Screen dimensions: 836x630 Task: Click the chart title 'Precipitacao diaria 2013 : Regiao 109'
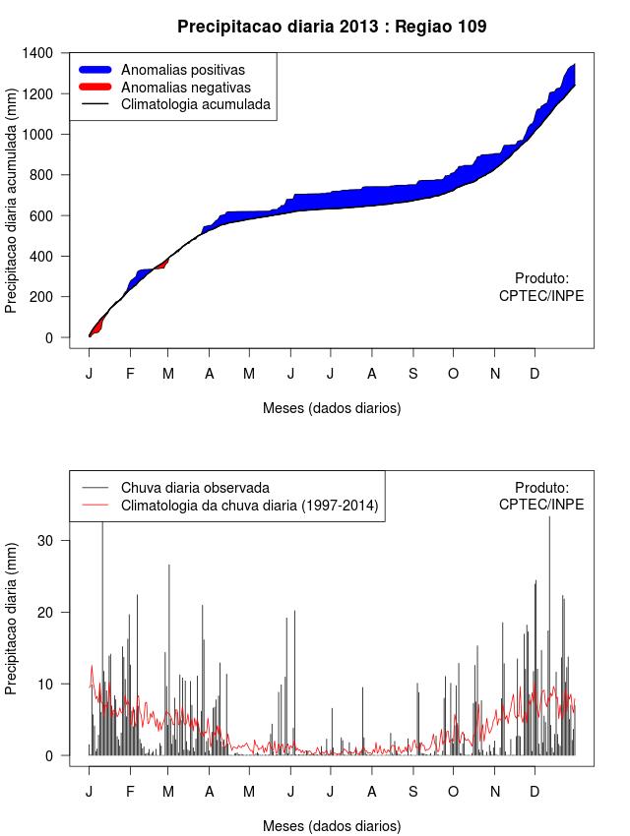[x=332, y=27]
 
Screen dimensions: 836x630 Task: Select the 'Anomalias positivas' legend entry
[x=182, y=70]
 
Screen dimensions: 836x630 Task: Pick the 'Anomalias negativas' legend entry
[x=185, y=87]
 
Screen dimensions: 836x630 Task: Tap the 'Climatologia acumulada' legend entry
[x=195, y=103]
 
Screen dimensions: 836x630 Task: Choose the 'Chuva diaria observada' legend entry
[x=195, y=488]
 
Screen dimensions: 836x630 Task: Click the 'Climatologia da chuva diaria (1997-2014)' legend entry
[x=249, y=506]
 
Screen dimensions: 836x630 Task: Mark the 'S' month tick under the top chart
[x=413, y=374]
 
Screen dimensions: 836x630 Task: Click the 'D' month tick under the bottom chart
[x=535, y=791]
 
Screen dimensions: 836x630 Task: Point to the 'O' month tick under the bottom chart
[x=453, y=791]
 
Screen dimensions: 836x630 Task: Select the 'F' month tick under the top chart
[x=130, y=374]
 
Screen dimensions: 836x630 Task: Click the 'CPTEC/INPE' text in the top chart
[x=541, y=296]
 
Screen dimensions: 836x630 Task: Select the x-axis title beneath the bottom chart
[x=332, y=825]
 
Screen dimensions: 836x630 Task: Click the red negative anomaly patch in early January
[x=96, y=326]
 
